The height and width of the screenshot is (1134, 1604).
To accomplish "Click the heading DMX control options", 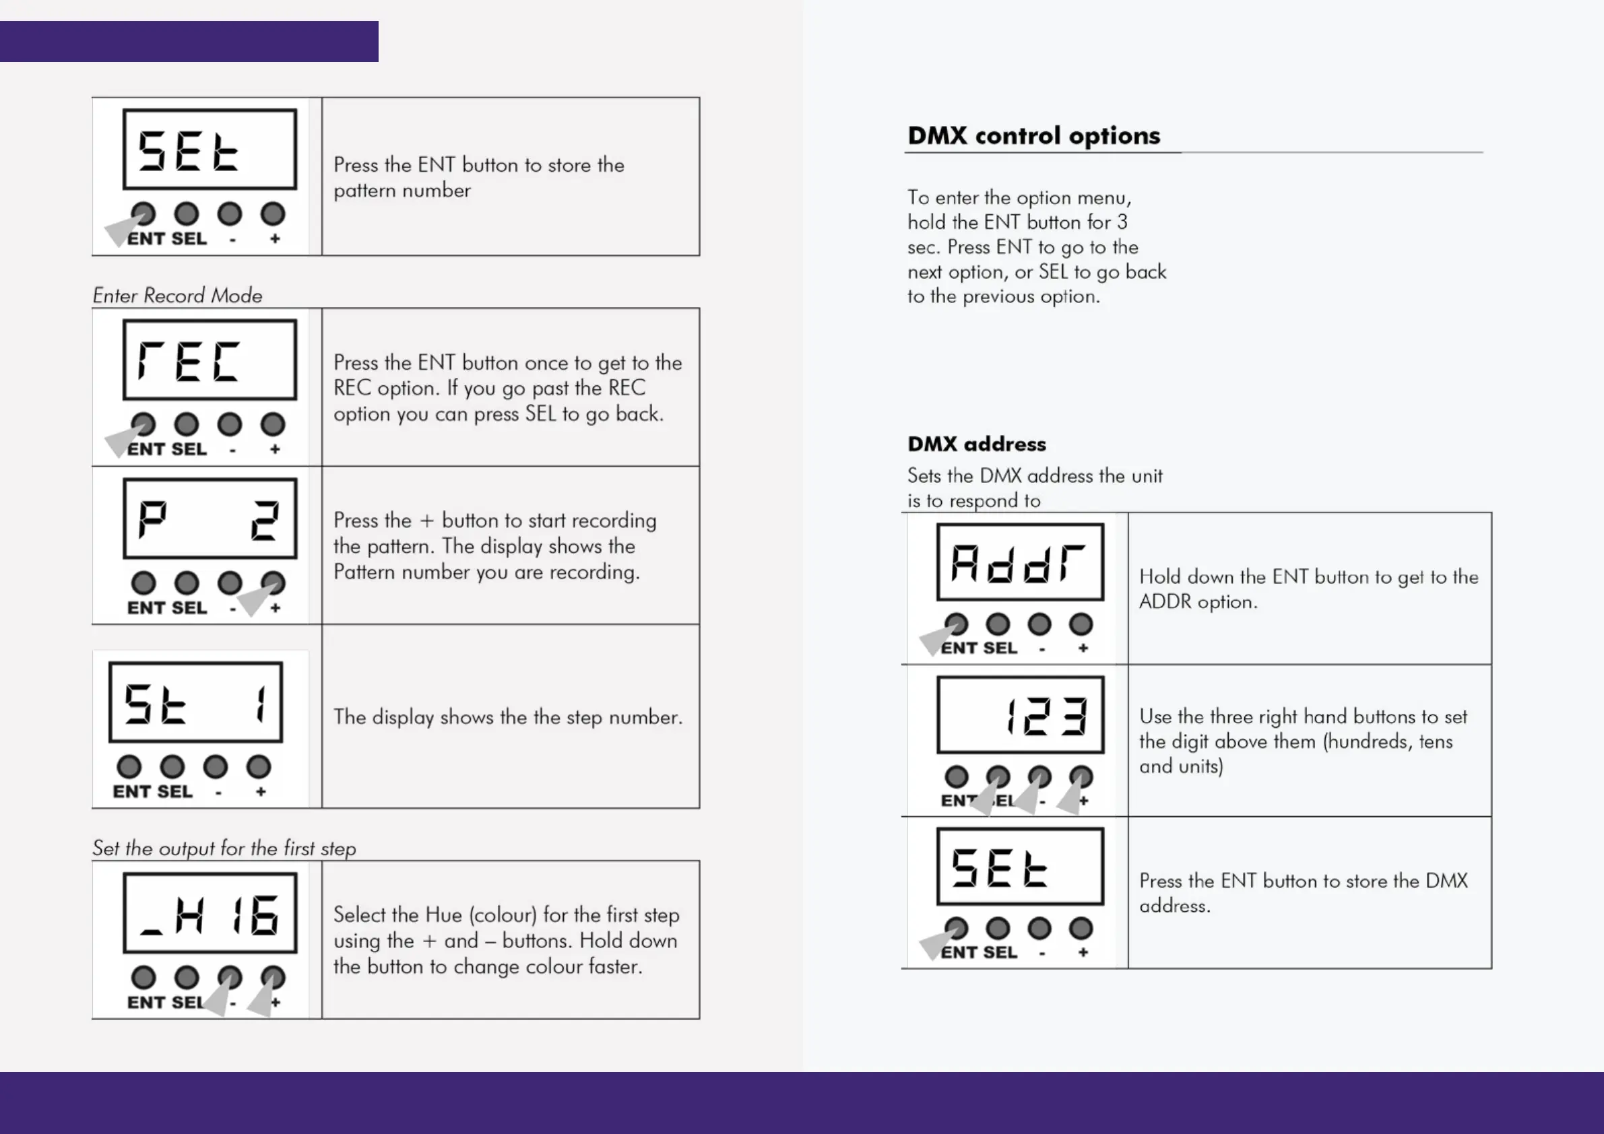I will pyautogui.click(x=1033, y=135).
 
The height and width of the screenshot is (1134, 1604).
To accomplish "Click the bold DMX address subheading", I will pyautogui.click(x=976, y=444).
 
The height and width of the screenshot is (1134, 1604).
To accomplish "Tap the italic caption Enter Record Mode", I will pyautogui.click(x=177, y=296).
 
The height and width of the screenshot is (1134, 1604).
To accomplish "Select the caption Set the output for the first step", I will pyautogui.click(x=224, y=848).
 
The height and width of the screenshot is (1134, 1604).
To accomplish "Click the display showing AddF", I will pyautogui.click(x=1020, y=562).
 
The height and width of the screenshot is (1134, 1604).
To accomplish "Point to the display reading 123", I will pyautogui.click(x=1020, y=715).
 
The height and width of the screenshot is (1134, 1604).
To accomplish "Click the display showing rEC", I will pyautogui.click(x=210, y=360).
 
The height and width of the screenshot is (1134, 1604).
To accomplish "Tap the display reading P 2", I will pyautogui.click(x=210, y=518).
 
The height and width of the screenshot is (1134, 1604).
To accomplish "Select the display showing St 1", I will pyautogui.click(x=195, y=702).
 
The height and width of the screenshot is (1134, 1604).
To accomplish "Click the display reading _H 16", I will pyautogui.click(x=210, y=913).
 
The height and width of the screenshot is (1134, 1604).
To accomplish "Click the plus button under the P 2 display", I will pyautogui.click(x=272, y=583).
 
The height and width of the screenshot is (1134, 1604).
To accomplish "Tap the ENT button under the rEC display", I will pyautogui.click(x=143, y=424).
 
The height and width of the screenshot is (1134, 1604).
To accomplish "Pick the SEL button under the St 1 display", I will pyautogui.click(x=172, y=767).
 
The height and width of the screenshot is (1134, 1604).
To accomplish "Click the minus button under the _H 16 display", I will pyautogui.click(x=229, y=977).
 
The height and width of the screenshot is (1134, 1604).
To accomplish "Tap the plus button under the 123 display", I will pyautogui.click(x=1081, y=776).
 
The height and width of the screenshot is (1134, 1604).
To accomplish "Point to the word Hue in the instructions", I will pyautogui.click(x=444, y=914).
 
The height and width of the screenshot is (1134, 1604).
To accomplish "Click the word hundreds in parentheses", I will pyautogui.click(x=1366, y=741).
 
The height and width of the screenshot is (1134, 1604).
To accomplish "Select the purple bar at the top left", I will pyautogui.click(x=189, y=41).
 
